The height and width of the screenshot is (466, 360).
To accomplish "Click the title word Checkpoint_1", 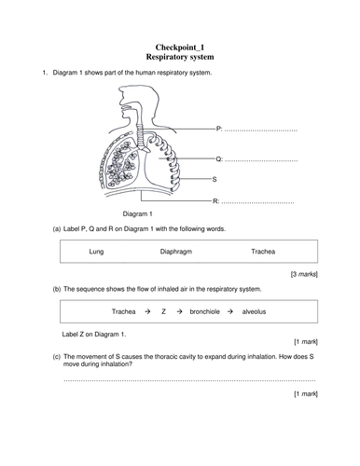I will tap(180, 46).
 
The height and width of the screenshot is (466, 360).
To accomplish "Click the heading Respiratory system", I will tap(180, 57).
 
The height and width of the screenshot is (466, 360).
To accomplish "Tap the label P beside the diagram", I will tap(218, 128).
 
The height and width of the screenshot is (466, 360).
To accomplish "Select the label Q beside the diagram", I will tap(218, 159).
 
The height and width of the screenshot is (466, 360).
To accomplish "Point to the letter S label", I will tap(215, 179).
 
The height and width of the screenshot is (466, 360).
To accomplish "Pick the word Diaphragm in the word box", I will tap(177, 252).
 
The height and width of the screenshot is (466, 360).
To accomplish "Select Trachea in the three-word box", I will tap(264, 252).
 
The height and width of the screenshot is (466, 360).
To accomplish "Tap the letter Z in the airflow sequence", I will tap(163, 314).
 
